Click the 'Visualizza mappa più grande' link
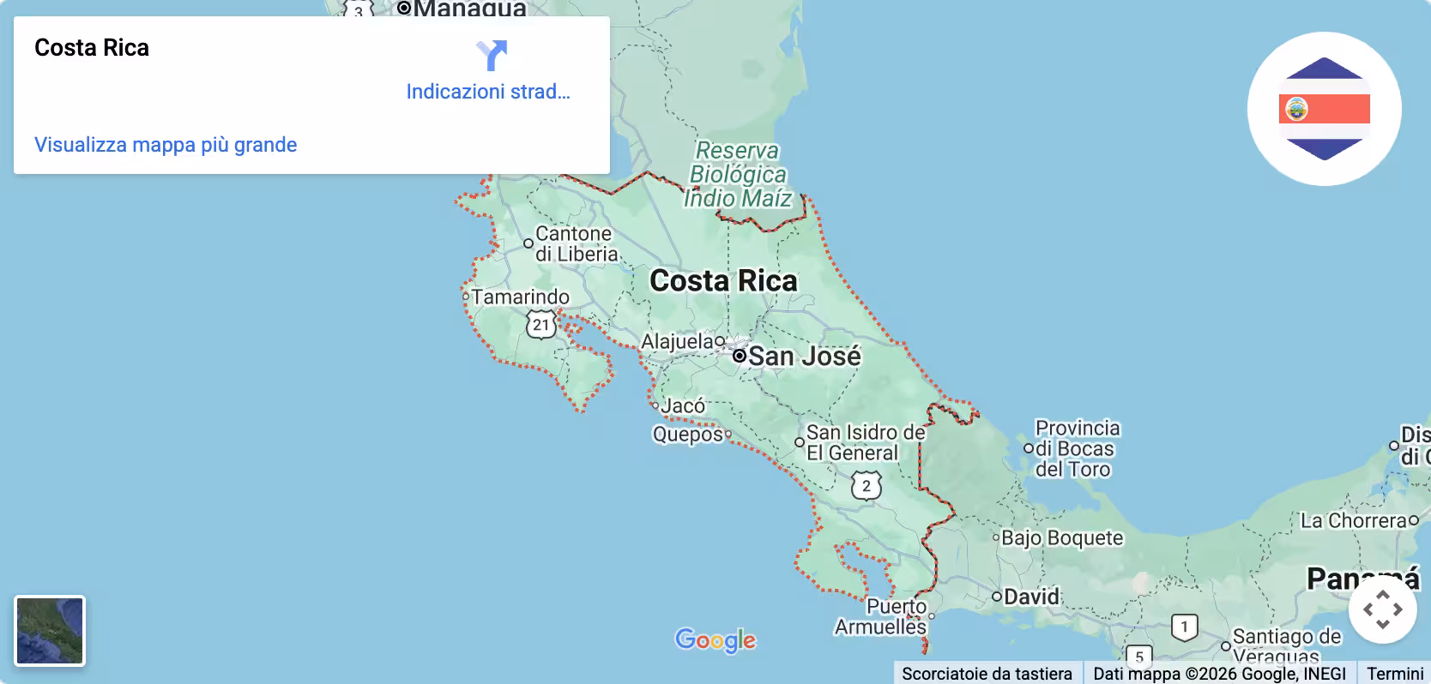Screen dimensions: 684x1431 pos(166,145)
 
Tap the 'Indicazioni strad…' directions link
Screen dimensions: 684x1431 pos(488,92)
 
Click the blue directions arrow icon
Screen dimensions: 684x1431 pos(492,56)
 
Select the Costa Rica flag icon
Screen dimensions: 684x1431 pos(1324,109)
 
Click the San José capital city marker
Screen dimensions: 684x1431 pos(740,356)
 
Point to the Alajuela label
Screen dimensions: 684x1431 pos(677,342)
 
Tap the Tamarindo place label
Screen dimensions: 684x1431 pos(520,297)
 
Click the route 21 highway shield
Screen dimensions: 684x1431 pos(540,325)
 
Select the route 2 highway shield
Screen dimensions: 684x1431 pos(866,486)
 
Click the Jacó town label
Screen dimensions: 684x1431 pos(683,405)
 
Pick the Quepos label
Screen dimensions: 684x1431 pos(687,435)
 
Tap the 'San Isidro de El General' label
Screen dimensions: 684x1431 pos(865,443)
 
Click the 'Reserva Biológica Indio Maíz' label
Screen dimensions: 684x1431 pos(738,175)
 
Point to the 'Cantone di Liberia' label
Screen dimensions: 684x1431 pos(575,244)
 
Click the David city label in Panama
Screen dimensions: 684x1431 pos(1031,597)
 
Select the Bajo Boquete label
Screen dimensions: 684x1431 pos(1062,538)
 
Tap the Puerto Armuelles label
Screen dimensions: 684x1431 pos(881,617)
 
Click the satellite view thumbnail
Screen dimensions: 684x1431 pos(50,631)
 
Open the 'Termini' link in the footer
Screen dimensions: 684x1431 pos(1395,674)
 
